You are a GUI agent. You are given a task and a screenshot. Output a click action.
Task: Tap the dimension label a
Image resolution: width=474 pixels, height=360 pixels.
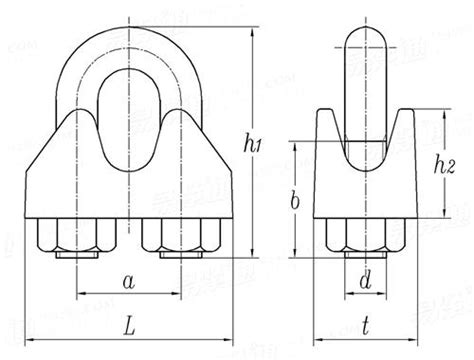(128, 282)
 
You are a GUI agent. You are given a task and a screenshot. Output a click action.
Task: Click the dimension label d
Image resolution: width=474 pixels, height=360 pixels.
(366, 283)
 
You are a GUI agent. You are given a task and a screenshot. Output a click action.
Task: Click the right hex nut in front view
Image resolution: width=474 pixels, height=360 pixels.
(179, 237)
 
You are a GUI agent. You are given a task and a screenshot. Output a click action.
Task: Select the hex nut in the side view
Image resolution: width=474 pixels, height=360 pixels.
(366, 237)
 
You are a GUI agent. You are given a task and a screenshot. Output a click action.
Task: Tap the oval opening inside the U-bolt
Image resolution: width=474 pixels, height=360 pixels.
(125, 95)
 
